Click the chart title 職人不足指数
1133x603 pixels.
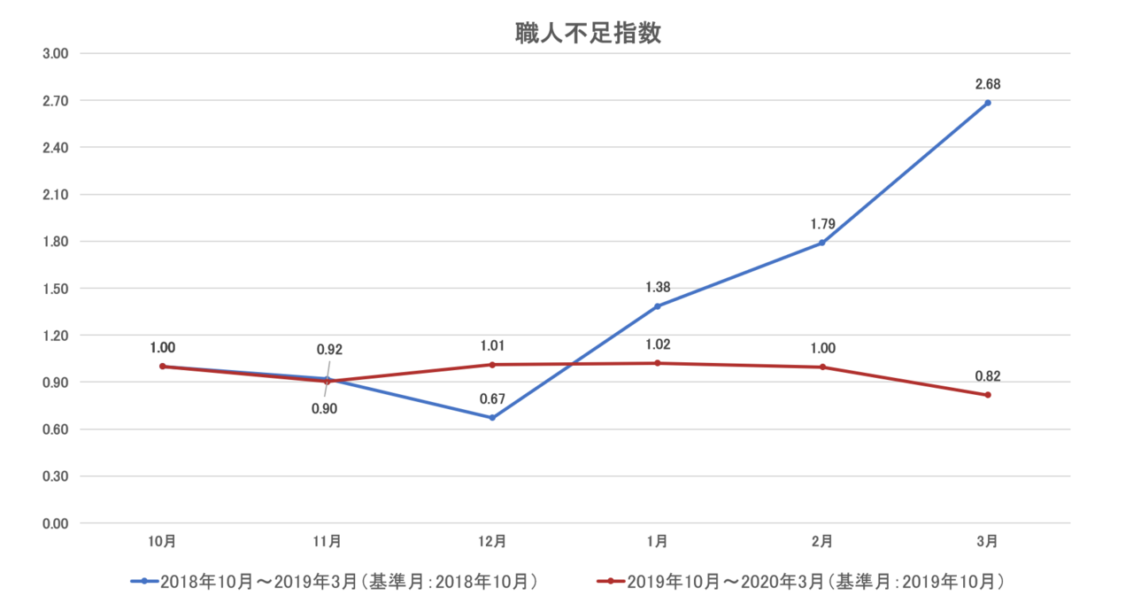(x=589, y=34)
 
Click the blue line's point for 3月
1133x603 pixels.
(x=988, y=103)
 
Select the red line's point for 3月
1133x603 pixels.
(x=988, y=395)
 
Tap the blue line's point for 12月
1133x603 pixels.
(x=492, y=418)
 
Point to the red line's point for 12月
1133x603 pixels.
(x=492, y=364)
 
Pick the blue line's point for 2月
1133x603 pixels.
(x=822, y=243)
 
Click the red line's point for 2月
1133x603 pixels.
(x=822, y=367)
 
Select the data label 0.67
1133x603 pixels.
(x=492, y=398)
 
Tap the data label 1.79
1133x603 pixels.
(x=823, y=224)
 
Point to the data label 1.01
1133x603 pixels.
(x=492, y=345)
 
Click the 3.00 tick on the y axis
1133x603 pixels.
(x=56, y=54)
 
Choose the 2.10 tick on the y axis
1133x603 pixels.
(x=56, y=195)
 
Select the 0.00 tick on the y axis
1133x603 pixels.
(x=56, y=523)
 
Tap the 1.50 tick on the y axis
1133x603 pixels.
(x=56, y=289)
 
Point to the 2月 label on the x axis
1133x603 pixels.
(x=822, y=540)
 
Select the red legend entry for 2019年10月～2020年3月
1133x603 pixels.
(x=801, y=582)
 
